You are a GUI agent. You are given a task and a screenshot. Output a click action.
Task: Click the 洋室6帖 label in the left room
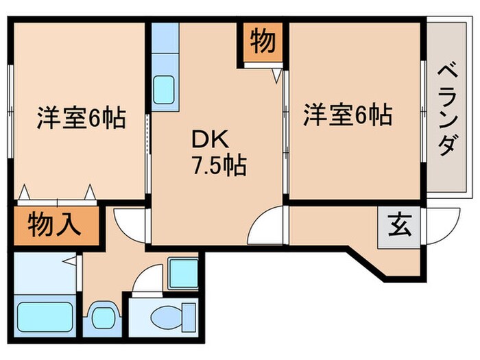point(80,119)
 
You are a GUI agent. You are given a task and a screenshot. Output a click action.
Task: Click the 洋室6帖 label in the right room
point(348,114)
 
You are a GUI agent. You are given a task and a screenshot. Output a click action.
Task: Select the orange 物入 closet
point(56,224)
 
